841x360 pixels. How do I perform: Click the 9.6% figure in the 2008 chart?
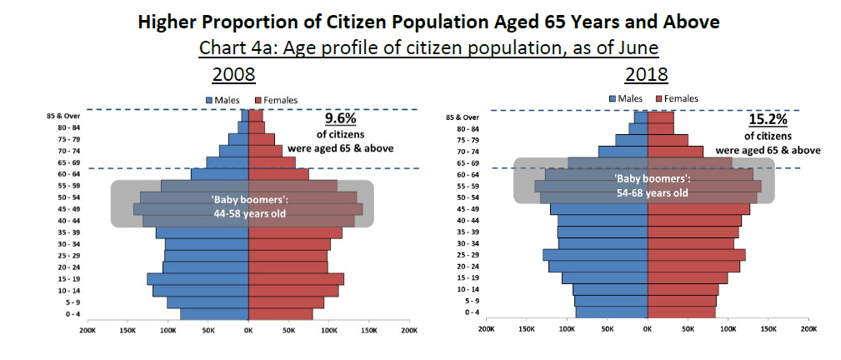tap(339, 119)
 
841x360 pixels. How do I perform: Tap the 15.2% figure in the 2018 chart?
tap(768, 120)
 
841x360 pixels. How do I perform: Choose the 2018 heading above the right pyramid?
tap(647, 74)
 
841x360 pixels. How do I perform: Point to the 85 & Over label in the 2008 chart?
tap(63, 116)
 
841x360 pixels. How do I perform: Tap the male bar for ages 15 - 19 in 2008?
tap(198, 278)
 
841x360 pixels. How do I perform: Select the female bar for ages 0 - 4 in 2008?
tap(280, 314)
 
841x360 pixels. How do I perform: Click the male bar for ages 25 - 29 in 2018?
tap(595, 254)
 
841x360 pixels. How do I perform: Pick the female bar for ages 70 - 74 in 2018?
tap(675, 151)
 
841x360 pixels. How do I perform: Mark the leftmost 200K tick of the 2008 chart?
tap(87, 331)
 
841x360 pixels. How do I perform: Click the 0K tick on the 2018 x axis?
tap(647, 330)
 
